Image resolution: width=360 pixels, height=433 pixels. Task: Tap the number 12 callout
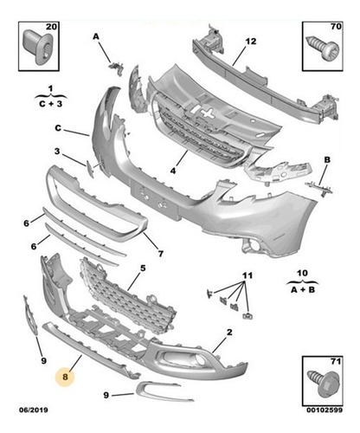250,42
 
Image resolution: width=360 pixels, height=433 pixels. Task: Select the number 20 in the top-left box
51,29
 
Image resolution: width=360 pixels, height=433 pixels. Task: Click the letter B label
327,161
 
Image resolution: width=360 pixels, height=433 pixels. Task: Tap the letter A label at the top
95,36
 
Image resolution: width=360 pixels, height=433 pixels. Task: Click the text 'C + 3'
49,101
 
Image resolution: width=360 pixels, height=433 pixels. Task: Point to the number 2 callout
228,332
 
